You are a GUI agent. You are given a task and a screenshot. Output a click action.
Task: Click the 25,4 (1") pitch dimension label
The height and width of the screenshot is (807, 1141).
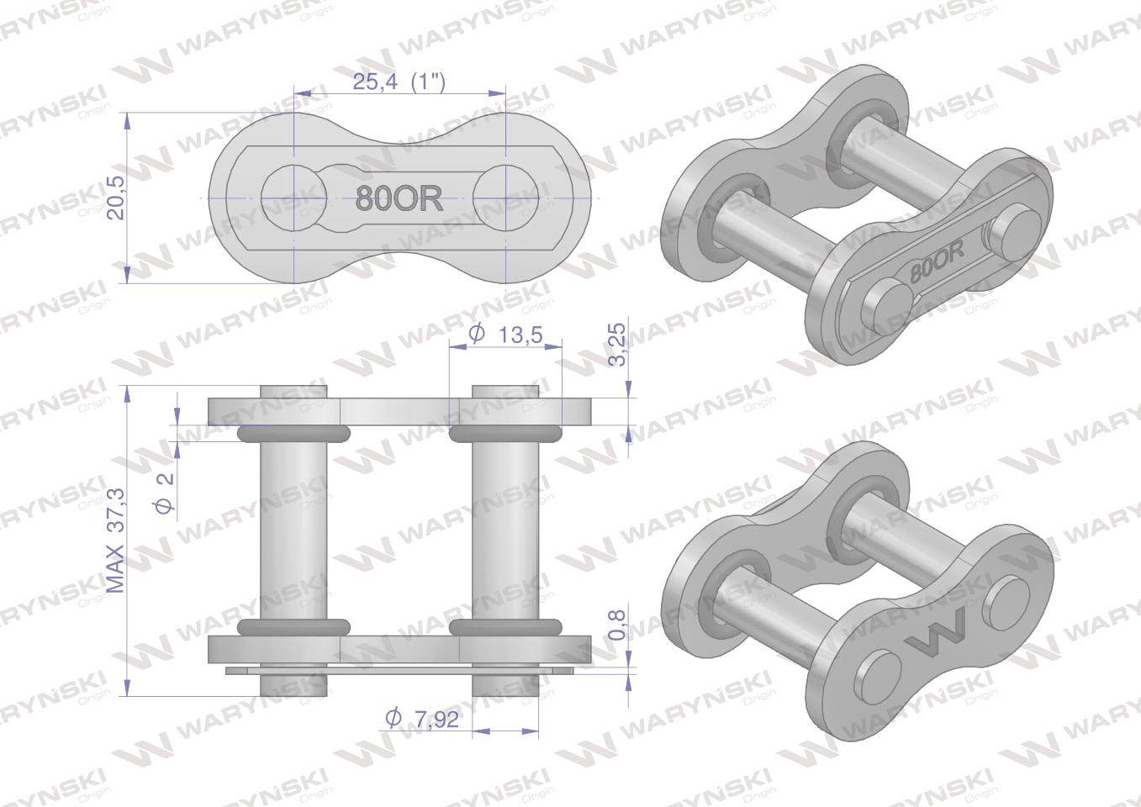coord(399,82)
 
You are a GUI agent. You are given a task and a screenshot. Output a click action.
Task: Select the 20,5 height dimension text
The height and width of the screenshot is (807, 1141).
coord(117,198)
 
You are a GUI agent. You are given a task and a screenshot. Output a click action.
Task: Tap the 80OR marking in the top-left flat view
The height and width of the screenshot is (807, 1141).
coord(399,198)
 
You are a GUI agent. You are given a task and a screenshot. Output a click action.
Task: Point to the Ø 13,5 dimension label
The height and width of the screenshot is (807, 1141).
coord(505,335)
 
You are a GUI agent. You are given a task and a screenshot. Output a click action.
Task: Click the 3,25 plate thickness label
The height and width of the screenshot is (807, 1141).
coord(617,344)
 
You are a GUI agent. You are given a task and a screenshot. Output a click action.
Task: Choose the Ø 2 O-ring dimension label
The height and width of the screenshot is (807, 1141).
coord(165,490)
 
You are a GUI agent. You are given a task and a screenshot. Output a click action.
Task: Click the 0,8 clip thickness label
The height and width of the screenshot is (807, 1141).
coord(617,625)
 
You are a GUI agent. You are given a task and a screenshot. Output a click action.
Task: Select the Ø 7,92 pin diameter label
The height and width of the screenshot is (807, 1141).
coord(422,719)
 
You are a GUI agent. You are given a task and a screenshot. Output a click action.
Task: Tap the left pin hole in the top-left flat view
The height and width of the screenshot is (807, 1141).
coord(294,198)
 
